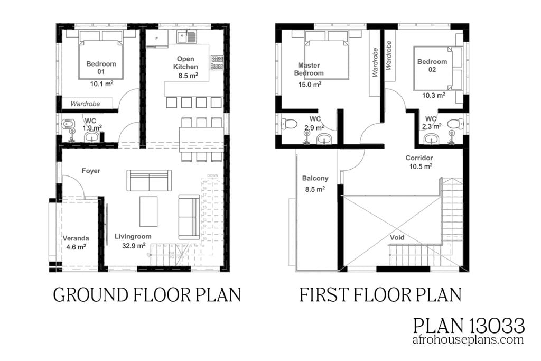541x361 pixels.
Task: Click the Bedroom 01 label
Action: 101,68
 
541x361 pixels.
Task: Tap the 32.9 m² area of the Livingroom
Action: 133,245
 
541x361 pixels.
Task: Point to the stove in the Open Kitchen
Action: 217,63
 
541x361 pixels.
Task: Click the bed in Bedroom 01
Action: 101,55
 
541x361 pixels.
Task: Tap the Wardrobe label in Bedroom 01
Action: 86,104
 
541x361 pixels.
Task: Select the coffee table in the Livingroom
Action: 148,211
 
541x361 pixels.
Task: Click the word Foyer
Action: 91,171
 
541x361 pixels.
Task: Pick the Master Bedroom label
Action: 309,69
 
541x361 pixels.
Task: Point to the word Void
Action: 397,237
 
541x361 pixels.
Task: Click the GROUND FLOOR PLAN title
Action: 147,294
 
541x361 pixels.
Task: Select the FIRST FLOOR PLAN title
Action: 381,294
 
